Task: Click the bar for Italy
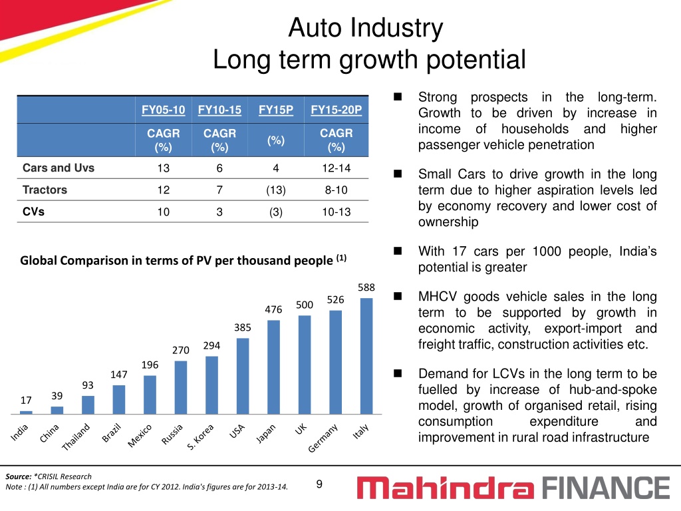(x=366, y=356)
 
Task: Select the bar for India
(x=26, y=413)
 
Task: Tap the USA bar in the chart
(x=243, y=376)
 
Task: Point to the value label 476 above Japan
(x=273, y=309)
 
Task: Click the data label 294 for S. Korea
(x=211, y=345)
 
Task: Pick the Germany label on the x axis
(x=323, y=438)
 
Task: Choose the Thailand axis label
(x=76, y=436)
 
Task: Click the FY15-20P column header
(x=336, y=110)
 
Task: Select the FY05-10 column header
(x=164, y=110)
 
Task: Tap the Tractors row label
(x=45, y=190)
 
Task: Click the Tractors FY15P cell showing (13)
(x=276, y=190)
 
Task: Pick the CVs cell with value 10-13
(x=336, y=212)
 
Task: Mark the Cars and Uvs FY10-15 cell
(x=219, y=168)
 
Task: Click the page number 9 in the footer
(x=319, y=484)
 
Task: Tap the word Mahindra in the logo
(x=446, y=488)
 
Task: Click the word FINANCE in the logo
(x=607, y=488)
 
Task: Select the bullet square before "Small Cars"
(x=398, y=174)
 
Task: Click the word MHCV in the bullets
(x=438, y=296)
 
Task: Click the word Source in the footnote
(x=18, y=476)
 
